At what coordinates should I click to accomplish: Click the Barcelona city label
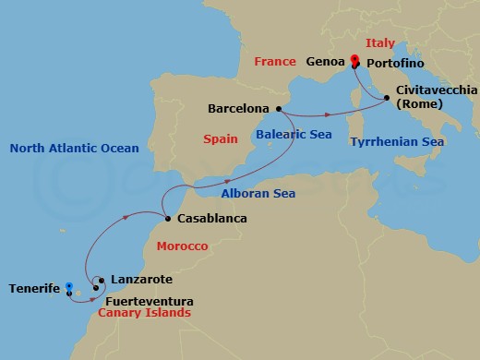click(238, 108)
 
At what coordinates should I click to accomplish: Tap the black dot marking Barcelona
click(277, 108)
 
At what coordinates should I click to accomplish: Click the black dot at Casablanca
click(166, 219)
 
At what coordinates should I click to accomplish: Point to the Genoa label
click(326, 63)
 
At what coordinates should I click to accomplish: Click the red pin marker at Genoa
click(355, 62)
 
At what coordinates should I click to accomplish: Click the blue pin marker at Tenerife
click(69, 290)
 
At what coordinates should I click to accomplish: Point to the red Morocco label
click(182, 246)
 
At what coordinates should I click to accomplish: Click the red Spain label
click(221, 139)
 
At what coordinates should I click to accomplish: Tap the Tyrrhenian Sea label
click(397, 142)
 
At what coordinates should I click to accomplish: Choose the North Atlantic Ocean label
click(73, 148)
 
